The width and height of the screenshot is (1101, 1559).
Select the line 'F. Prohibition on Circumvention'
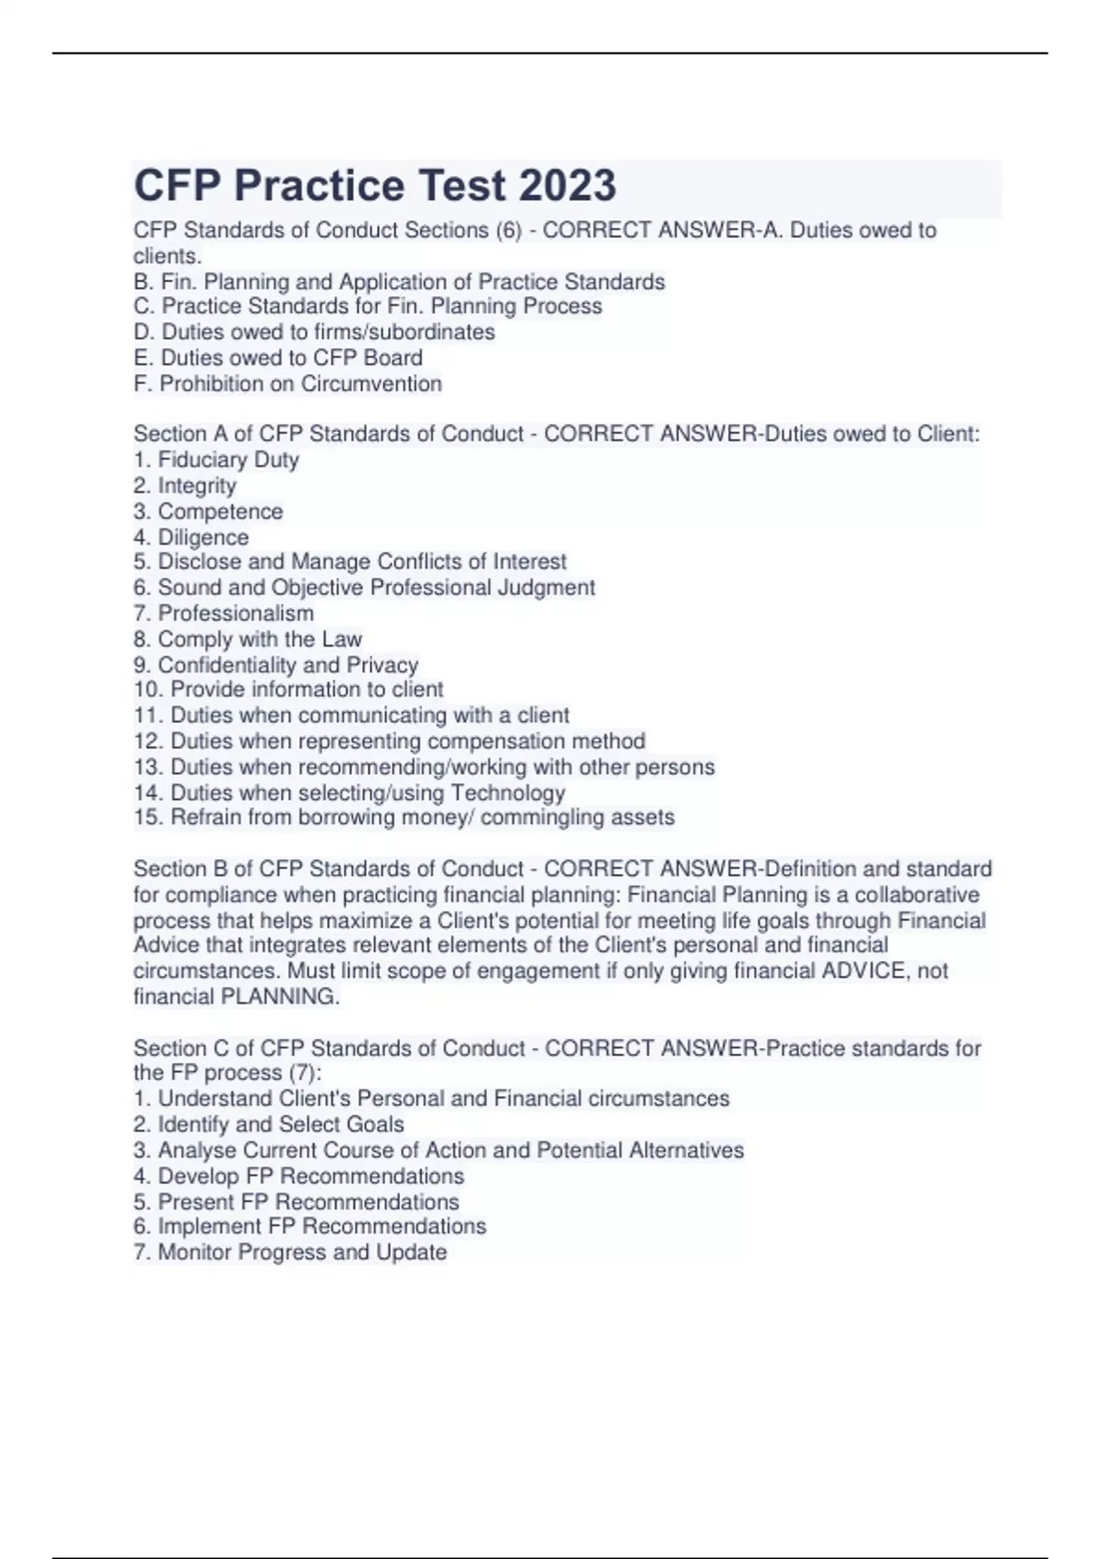click(x=287, y=383)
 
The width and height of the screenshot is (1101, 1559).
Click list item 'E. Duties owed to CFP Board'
click(x=278, y=358)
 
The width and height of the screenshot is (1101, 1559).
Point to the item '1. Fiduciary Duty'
click(x=217, y=459)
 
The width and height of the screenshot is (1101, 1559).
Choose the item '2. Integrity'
click(x=184, y=485)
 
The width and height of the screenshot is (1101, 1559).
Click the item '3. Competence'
click(x=208, y=511)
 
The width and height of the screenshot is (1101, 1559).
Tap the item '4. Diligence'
click(x=191, y=536)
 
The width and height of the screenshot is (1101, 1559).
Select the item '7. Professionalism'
click(x=223, y=613)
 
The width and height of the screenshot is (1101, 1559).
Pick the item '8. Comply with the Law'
click(x=248, y=638)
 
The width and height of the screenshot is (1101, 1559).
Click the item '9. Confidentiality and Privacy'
click(x=275, y=664)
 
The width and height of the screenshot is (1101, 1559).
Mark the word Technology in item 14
click(x=507, y=792)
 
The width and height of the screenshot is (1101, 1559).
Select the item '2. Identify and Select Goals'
click(x=268, y=1124)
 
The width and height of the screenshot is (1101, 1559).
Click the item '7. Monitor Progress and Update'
click(x=290, y=1252)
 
